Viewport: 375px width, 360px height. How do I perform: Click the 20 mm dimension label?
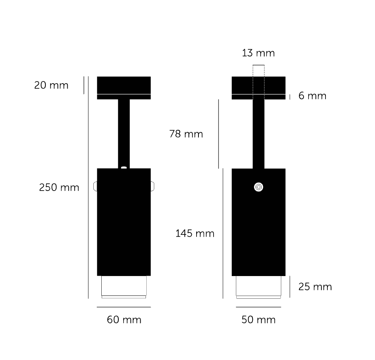(51, 85)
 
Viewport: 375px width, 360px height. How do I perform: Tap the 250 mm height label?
(59, 188)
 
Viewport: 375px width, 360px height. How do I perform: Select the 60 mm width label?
(124, 320)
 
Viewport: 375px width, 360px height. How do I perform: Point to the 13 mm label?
(258, 53)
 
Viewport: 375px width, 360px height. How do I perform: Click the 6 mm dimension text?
(312, 96)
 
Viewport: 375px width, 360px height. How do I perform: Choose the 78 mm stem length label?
(186, 134)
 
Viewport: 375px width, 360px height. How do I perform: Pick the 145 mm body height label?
(195, 233)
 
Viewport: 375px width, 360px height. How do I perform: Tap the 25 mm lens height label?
(315, 287)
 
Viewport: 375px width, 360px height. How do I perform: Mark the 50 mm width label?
(259, 320)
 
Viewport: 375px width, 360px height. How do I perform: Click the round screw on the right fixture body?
(259, 187)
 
